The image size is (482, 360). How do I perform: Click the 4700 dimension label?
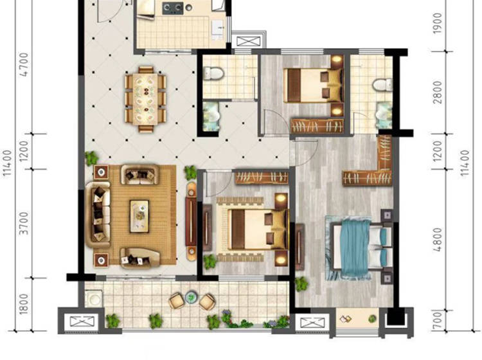pyautogui.click(x=24, y=64)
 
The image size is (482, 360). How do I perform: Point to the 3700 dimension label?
pyautogui.click(x=24, y=223)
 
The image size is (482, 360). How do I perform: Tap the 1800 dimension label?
pyautogui.click(x=24, y=304)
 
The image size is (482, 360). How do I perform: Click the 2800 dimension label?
pyautogui.click(x=437, y=92)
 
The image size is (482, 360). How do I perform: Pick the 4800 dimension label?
pyautogui.click(x=437, y=240)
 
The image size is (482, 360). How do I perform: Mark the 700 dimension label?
pyautogui.click(x=437, y=320)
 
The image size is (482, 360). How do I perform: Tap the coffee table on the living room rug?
pyautogui.click(x=139, y=216)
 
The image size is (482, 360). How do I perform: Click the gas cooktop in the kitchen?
pyautogui.click(x=173, y=8)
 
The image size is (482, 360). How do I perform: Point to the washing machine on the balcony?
pyautogui.click(x=94, y=298)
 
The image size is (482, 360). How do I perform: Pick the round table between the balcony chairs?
pyautogui.click(x=192, y=297)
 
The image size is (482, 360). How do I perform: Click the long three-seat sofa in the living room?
pyautogui.click(x=98, y=215)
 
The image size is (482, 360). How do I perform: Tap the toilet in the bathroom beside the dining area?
pyautogui.click(x=213, y=73)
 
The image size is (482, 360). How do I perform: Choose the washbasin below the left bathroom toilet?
pyautogui.click(x=211, y=117)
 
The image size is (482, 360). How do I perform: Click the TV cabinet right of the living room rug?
pyautogui.click(x=192, y=221)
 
